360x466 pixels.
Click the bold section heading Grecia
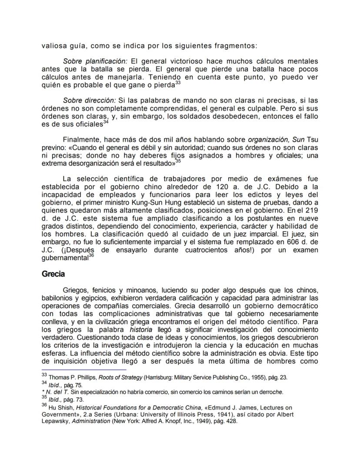pos(53,274)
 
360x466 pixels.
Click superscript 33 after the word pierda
pos(177,82)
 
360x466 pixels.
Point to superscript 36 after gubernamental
pos(91,256)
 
